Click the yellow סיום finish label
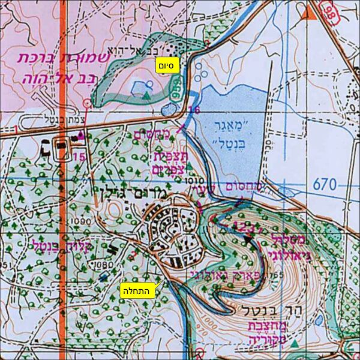(x=167, y=65)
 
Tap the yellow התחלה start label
(x=138, y=290)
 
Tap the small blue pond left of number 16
(x=169, y=110)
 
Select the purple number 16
(x=194, y=110)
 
